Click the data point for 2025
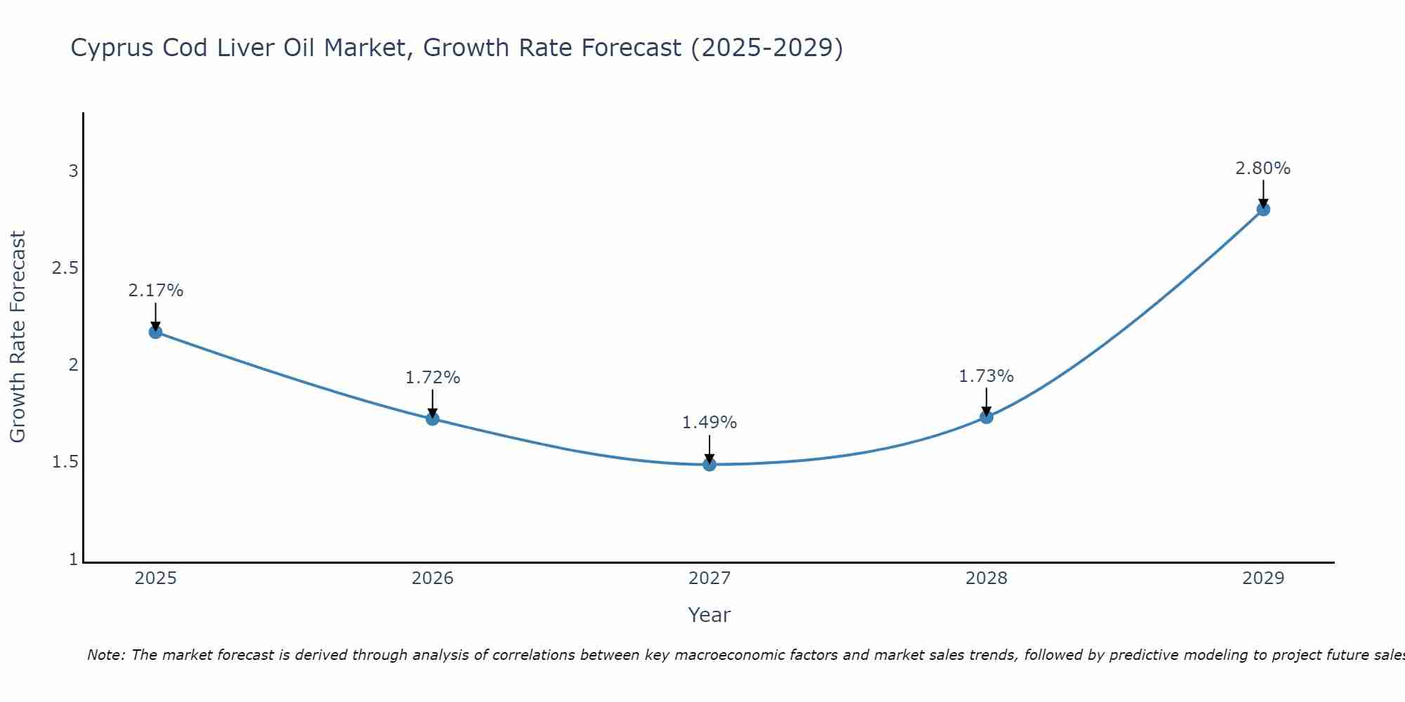click(156, 332)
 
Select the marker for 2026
click(433, 419)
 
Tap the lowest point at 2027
click(710, 464)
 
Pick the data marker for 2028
click(986, 417)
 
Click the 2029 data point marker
click(1263, 209)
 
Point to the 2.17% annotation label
click(156, 291)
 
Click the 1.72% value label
click(433, 378)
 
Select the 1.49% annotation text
click(710, 423)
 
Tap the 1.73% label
click(986, 376)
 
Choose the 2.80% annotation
click(1263, 168)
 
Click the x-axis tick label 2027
click(710, 578)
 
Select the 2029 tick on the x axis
click(1263, 578)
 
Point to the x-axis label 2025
click(156, 578)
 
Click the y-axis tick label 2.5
click(65, 268)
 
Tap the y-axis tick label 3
click(73, 171)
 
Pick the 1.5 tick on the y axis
click(65, 462)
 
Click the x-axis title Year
click(710, 615)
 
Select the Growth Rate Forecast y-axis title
click(18, 337)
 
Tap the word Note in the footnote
click(105, 655)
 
